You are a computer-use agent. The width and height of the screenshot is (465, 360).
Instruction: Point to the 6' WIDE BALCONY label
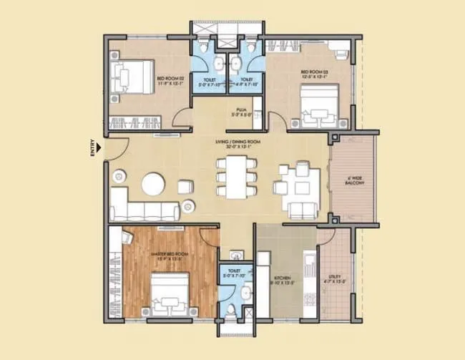point(355,181)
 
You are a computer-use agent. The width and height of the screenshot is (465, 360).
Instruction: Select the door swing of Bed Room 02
point(183,118)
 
